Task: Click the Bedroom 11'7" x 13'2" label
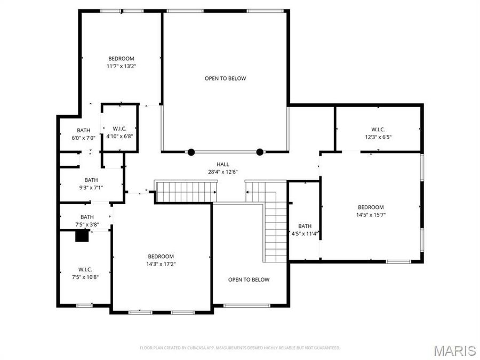pyautogui.click(x=121, y=62)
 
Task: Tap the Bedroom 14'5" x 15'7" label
pyautogui.click(x=370, y=211)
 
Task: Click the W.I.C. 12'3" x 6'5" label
pyautogui.click(x=378, y=133)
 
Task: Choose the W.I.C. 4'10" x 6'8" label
pyautogui.click(x=119, y=132)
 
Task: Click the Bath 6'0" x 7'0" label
pyautogui.click(x=84, y=134)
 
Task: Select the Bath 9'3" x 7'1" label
pyautogui.click(x=91, y=184)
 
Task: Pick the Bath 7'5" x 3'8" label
pyautogui.click(x=87, y=221)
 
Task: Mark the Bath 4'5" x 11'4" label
pyautogui.click(x=305, y=230)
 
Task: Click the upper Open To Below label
pyautogui.click(x=225, y=78)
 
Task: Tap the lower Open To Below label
pyautogui.click(x=249, y=279)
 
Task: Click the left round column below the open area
pyautogui.click(x=191, y=152)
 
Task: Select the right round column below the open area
pyautogui.click(x=260, y=152)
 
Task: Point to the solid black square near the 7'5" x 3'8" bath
pyautogui.click(x=82, y=236)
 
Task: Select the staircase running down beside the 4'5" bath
pyautogui.click(x=275, y=232)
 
